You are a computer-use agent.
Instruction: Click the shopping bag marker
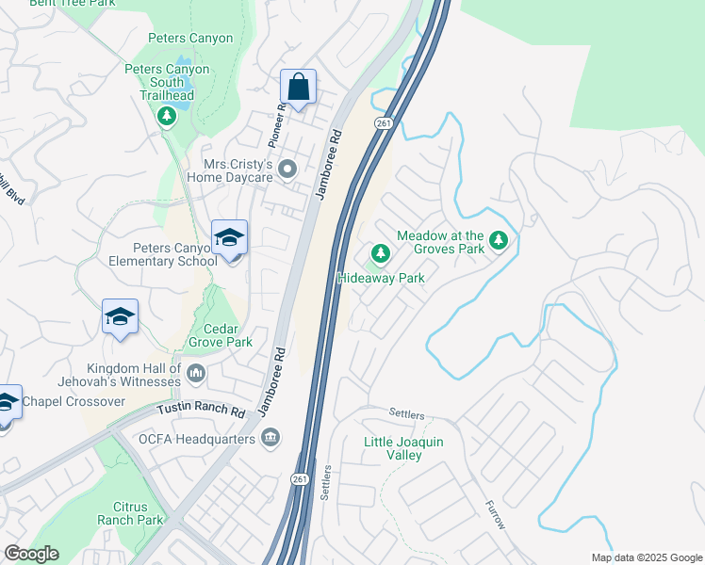click(298, 89)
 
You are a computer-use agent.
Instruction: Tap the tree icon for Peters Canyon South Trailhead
click(167, 116)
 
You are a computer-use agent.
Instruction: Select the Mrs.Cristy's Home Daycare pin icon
click(288, 169)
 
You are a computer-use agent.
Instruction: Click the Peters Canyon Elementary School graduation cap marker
click(229, 238)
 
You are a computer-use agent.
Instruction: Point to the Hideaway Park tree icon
click(380, 253)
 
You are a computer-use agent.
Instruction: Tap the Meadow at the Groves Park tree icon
click(499, 242)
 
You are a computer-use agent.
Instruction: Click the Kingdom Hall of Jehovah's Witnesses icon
click(196, 375)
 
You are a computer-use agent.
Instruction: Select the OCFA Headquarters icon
click(271, 436)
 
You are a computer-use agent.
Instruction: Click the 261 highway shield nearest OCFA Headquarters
click(300, 479)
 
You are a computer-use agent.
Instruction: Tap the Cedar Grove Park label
click(221, 335)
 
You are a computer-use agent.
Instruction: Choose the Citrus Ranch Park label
click(130, 513)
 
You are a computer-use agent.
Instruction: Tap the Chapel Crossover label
click(74, 402)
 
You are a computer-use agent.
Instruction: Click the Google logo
click(31, 554)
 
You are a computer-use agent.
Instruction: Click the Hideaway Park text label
click(382, 278)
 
